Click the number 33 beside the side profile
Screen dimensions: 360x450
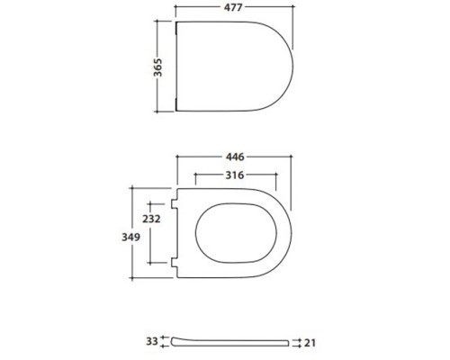[151, 341]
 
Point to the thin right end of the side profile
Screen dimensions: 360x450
[290, 343]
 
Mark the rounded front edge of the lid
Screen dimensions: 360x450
[294, 68]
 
